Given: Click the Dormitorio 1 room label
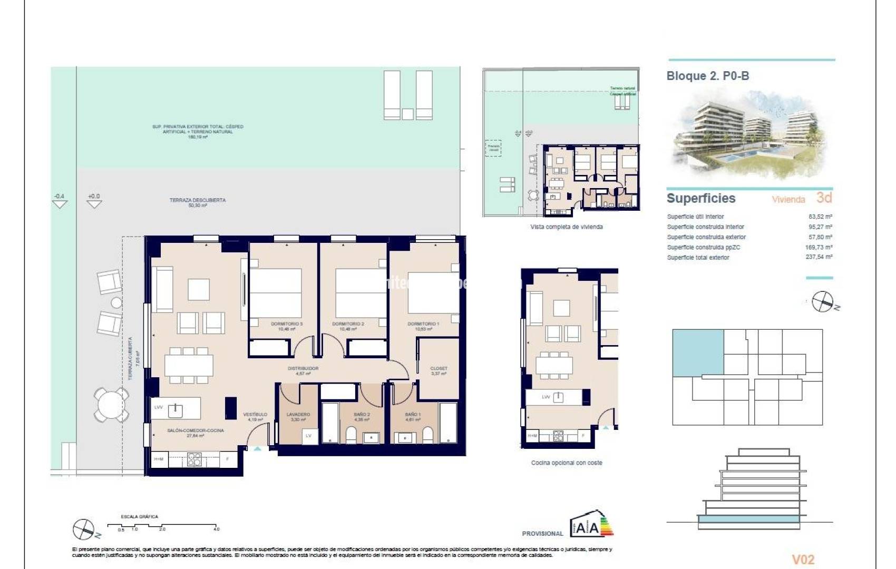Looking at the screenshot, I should tap(423, 326).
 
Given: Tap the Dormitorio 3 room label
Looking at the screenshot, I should tap(287, 326).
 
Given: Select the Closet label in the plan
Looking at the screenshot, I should tap(439, 370).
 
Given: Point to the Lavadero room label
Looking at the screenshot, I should tap(298, 417).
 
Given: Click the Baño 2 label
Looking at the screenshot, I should tap(362, 417).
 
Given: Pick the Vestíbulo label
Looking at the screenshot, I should tap(255, 417).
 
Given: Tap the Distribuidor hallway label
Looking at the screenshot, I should tap(303, 370).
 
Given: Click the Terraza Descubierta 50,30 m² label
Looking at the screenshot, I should tap(198, 202).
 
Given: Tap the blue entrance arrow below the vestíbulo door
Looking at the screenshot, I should tap(257, 448).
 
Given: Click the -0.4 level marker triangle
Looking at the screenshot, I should tap(60, 203).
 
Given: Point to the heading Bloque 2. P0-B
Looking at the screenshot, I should tap(708, 76).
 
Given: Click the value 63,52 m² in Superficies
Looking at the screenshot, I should tap(820, 217).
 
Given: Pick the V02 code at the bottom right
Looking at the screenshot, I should tap(803, 560).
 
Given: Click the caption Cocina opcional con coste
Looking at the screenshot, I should tap(567, 463).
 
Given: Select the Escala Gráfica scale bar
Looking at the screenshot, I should tap(162, 526).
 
